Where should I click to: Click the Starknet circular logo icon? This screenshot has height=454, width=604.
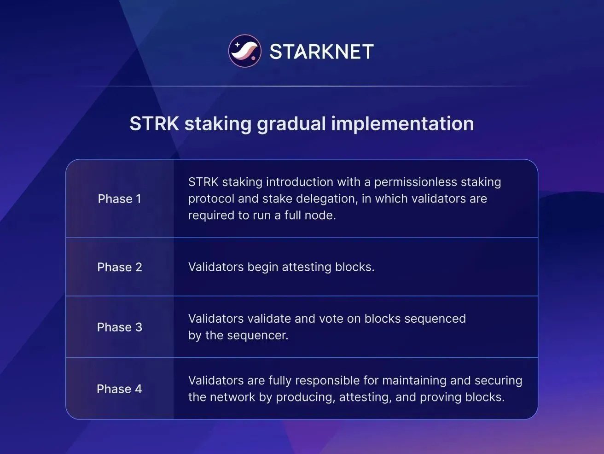pyautogui.click(x=245, y=51)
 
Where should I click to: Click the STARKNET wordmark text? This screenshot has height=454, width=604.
pyautogui.click(x=321, y=52)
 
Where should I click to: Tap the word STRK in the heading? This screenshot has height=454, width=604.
pyautogui.click(x=154, y=124)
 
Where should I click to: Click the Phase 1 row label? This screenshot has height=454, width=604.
pyautogui.click(x=120, y=199)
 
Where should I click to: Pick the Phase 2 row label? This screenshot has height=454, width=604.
pyautogui.click(x=120, y=267)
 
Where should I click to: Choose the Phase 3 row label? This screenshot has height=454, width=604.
pyautogui.click(x=120, y=327)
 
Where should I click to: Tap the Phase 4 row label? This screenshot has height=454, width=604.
pyautogui.click(x=119, y=389)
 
